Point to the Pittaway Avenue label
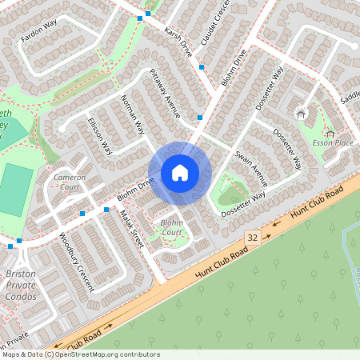(166, 89)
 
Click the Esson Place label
(333, 142)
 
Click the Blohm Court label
(171, 227)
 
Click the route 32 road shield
(253, 238)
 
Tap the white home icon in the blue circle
(180, 173)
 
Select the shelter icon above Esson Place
(301, 114)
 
